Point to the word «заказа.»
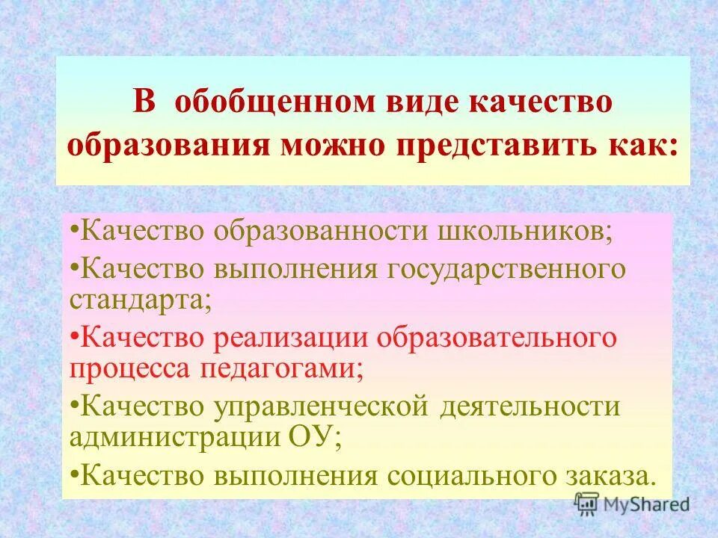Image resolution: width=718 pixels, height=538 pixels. tap(610, 476)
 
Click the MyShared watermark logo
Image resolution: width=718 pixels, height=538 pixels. tap(632, 504)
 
